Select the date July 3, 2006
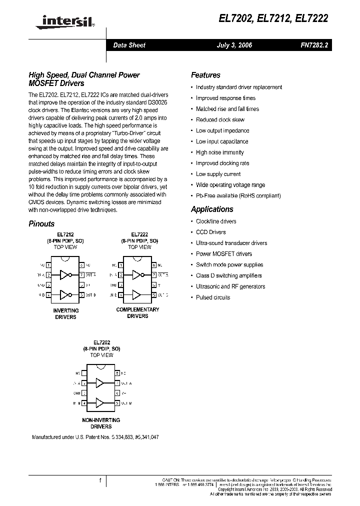pos(234,45)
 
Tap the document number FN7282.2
pos(314,45)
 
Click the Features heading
pos(205,75)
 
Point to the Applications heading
pos(212,209)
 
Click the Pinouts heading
pos(41,224)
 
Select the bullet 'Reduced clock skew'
pos(220,120)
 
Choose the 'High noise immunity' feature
pos(219,152)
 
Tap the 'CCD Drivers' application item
pos(210,232)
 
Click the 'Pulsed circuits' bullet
pos(213,297)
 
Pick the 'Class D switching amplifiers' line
pos(228,275)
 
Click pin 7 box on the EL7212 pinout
pos(81,275)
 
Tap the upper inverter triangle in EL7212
pos(65,274)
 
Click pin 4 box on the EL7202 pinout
pos(84,402)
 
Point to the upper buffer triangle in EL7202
pos(100,383)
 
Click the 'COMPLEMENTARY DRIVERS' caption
pos(137,312)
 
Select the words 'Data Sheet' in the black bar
pos(129,45)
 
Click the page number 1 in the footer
pos(100,480)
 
